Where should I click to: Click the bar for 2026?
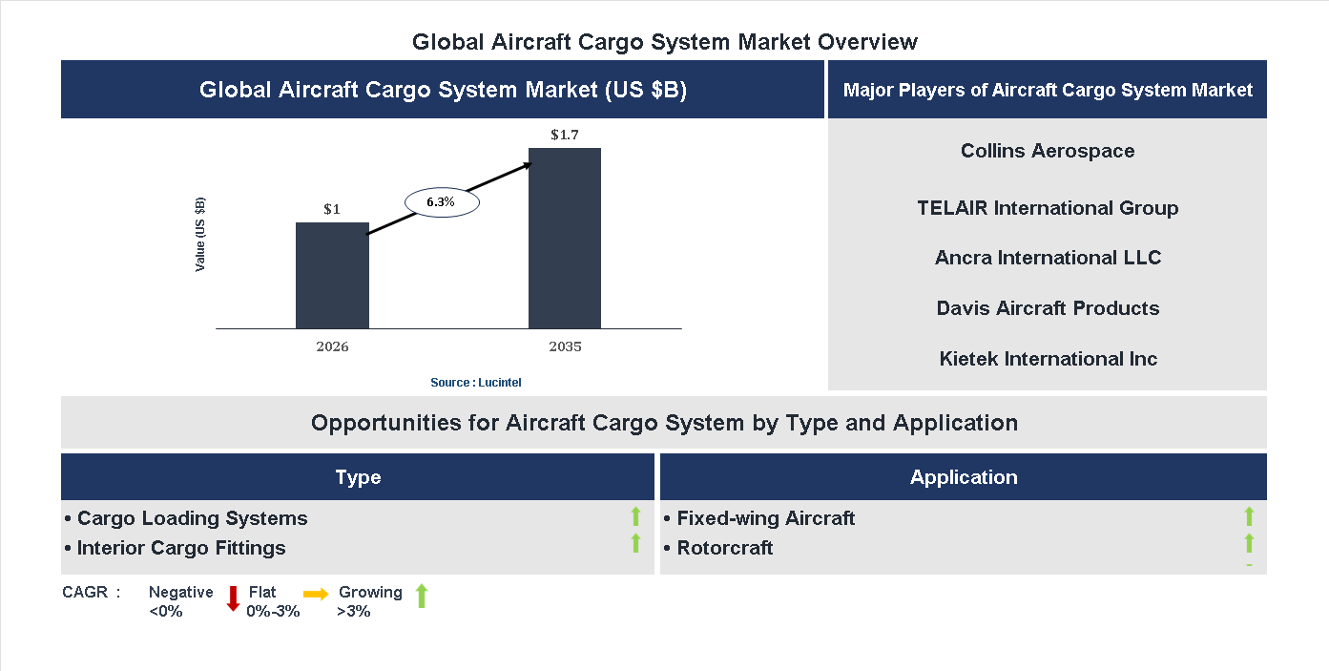[332, 276]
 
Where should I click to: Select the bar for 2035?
[565, 239]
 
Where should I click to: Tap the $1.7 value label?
[565, 135]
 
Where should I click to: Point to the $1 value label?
[332, 209]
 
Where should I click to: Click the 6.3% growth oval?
[441, 202]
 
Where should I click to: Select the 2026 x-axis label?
[332, 346]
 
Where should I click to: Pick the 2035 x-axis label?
[565, 346]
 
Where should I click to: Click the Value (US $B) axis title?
[200, 235]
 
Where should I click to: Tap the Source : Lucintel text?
[475, 383]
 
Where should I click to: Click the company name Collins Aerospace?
[1048, 151]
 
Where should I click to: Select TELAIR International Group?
[1048, 208]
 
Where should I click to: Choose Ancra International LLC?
[1048, 258]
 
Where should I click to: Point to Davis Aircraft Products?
[1048, 308]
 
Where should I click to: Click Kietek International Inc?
[1048, 359]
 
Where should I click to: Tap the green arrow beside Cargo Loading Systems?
[635, 517]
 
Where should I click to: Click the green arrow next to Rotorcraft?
[1249, 544]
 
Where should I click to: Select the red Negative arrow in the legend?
[233, 598]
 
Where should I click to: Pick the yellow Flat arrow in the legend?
[316, 594]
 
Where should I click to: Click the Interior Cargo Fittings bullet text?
[181, 548]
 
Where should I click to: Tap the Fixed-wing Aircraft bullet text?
[765, 518]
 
